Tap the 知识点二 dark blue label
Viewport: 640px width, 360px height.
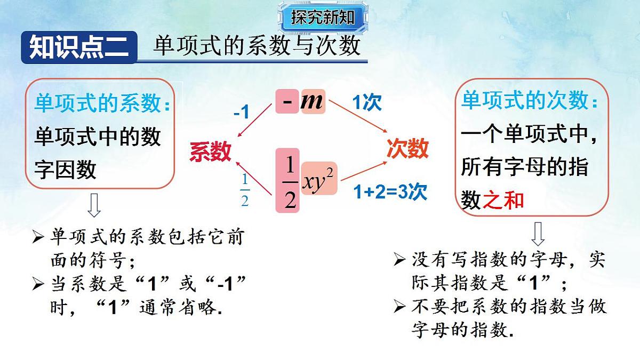point(78,47)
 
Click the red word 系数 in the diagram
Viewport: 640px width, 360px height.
point(211,152)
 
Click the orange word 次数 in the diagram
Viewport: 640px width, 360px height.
point(407,148)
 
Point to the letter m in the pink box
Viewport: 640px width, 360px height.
point(312,101)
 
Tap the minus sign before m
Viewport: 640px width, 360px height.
point(287,101)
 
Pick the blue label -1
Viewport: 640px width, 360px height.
point(241,113)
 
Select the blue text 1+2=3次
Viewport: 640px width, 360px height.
point(390,192)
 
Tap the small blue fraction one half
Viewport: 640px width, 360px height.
point(245,191)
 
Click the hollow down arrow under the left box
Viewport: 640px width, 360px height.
point(94,205)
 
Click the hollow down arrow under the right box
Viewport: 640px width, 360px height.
point(538,233)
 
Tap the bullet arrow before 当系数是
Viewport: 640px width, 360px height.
point(38,284)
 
